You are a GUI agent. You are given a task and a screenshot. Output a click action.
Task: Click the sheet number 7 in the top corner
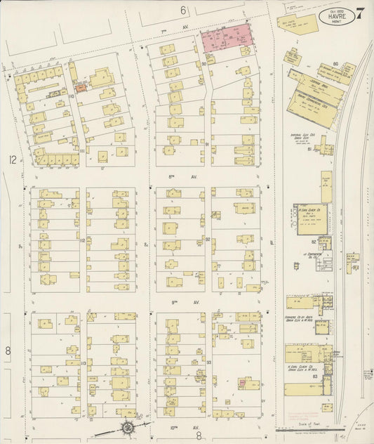(359, 12)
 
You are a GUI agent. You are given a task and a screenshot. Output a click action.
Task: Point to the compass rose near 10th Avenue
(128, 427)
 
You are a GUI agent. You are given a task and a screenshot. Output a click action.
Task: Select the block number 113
(83, 363)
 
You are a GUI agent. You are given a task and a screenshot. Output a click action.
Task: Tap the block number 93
(209, 362)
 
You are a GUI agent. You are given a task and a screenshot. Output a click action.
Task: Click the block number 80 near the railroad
(336, 64)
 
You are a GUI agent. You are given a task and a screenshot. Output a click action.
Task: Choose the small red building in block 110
(81, 89)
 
